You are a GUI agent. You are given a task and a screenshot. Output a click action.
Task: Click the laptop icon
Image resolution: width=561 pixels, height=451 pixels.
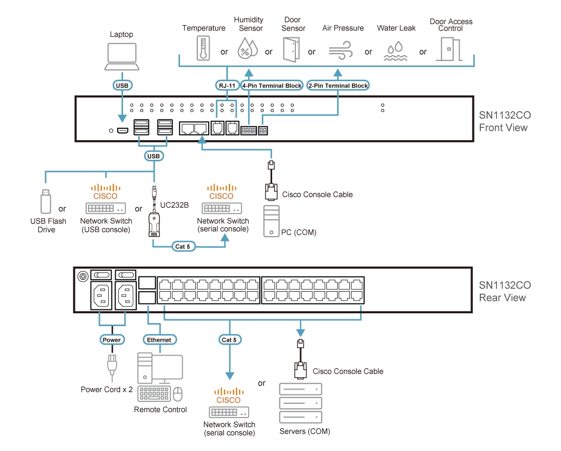coord(121,57)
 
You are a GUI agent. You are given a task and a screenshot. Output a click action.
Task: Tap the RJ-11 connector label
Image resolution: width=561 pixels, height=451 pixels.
coord(227,85)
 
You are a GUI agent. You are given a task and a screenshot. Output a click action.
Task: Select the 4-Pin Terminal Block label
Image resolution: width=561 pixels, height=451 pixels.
coord(272,85)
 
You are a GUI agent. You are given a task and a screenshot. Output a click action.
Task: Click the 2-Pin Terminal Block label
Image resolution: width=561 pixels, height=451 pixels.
coord(338,85)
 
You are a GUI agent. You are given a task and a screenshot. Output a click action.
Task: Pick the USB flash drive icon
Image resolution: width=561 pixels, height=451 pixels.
coord(45,203)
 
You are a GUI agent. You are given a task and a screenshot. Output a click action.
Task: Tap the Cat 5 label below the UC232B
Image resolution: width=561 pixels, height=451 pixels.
coord(182,246)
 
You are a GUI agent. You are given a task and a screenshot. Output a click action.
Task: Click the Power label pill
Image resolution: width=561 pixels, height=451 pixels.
coord(111,340)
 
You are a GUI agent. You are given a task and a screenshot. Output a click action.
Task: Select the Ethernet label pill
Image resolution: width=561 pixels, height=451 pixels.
coord(159,340)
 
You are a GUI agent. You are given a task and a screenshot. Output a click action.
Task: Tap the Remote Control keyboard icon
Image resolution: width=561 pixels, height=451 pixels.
coord(154,394)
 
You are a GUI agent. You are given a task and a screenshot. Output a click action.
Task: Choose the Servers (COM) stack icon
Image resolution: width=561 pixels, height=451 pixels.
coord(300,403)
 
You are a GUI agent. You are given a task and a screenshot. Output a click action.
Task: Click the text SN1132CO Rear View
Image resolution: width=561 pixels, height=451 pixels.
coord(505,291)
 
